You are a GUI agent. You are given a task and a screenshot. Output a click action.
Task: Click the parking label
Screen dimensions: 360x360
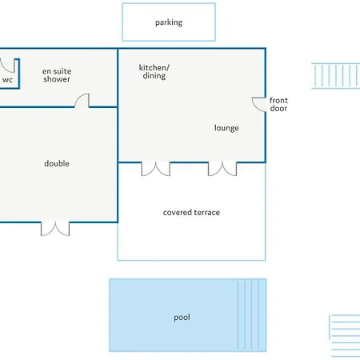point(169,22)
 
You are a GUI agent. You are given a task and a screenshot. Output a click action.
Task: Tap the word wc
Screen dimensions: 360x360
point(7,80)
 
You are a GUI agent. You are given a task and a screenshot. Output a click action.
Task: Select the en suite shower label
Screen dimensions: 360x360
point(57,75)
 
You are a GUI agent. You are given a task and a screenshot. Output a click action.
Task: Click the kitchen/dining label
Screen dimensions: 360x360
point(154,71)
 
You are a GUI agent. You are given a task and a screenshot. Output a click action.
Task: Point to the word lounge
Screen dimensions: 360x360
point(226,128)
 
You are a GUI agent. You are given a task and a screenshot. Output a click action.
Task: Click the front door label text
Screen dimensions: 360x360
point(278,104)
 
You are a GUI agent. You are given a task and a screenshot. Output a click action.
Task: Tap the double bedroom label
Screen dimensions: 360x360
point(57,163)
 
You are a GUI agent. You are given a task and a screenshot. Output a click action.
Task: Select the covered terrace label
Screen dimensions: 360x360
point(191,213)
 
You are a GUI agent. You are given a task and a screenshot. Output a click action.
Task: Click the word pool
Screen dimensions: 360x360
point(182,318)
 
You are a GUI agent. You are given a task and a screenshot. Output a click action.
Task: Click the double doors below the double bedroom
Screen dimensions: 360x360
point(55,229)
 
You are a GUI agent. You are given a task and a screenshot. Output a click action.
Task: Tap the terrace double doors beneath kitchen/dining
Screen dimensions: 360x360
point(156,169)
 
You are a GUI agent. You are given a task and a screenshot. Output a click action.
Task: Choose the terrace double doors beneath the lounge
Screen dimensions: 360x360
point(222,169)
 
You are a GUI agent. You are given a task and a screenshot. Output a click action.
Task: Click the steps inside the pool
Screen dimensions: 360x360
point(252,315)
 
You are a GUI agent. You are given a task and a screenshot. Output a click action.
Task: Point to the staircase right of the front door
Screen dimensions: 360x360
point(336,76)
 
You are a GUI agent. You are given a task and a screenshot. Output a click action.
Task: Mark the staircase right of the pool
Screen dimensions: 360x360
point(345,336)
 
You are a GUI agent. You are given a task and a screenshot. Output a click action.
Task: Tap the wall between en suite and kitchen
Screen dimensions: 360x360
point(118,78)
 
